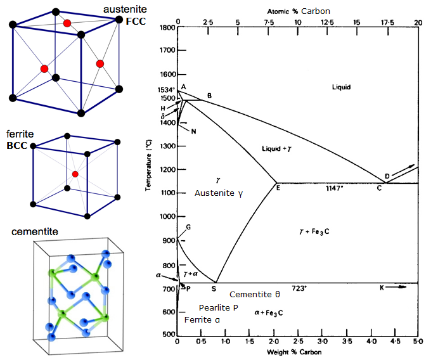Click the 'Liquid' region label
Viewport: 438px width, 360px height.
point(340,87)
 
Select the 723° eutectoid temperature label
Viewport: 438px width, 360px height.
point(299,288)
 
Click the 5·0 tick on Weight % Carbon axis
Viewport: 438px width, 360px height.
point(418,342)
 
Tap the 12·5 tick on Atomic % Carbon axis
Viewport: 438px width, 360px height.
point(328,22)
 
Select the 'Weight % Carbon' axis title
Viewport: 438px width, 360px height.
point(295,351)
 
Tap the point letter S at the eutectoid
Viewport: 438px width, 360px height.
point(213,289)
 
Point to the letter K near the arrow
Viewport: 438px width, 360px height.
point(382,288)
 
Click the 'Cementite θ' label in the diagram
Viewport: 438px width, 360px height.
point(254,295)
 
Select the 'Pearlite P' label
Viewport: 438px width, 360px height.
point(218,307)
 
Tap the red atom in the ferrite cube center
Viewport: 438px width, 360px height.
point(75,174)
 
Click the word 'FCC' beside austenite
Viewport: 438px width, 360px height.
point(135,21)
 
